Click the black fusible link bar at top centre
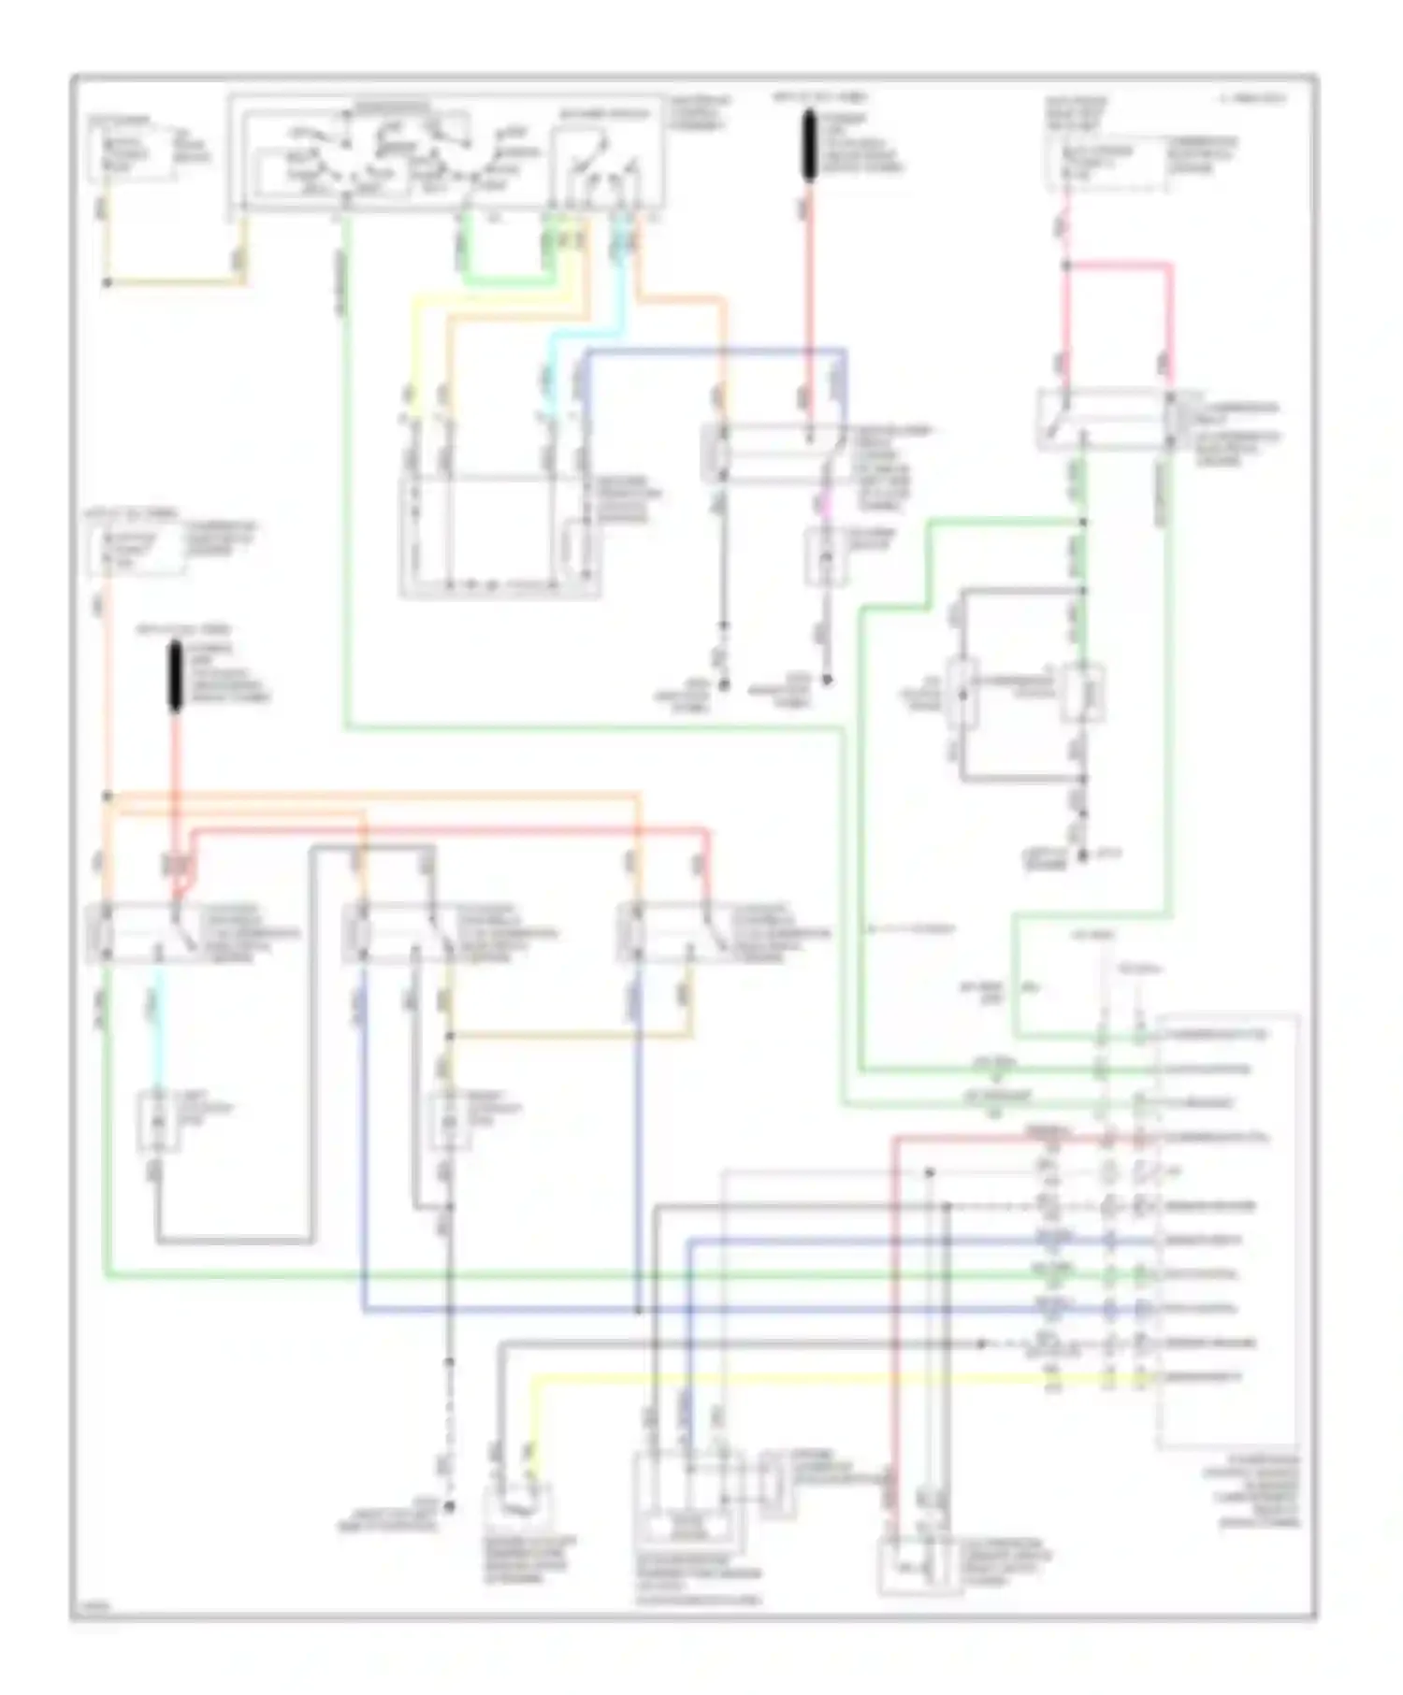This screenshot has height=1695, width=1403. pos(810,146)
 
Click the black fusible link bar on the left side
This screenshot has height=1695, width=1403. pos(175,678)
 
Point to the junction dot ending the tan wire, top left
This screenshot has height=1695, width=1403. pos(108,282)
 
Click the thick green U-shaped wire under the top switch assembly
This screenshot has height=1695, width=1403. pos(505,279)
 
